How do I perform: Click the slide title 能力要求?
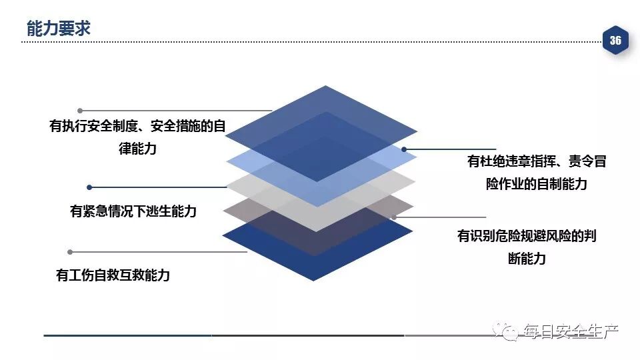click(58, 28)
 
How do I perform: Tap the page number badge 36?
click(615, 41)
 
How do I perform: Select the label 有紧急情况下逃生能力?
click(133, 211)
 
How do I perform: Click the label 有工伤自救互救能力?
click(113, 275)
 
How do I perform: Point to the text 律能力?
click(137, 149)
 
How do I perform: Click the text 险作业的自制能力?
click(536, 185)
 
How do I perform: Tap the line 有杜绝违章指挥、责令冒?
click(536, 161)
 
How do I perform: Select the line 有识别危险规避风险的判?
click(527, 236)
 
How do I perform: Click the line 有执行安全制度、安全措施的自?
click(137, 126)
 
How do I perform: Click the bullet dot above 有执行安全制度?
click(80, 111)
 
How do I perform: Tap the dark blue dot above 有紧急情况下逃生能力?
click(90, 187)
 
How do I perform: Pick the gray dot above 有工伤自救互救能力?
click(70, 252)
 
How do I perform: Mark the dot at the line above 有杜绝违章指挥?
click(404, 149)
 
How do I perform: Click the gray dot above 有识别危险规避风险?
click(394, 217)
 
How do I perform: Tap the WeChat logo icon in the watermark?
click(510, 331)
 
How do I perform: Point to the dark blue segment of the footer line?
click(127, 335)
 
